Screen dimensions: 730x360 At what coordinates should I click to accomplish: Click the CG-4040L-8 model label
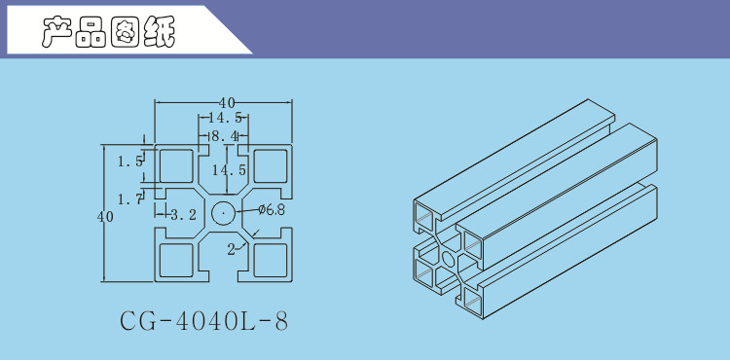pyautogui.click(x=204, y=321)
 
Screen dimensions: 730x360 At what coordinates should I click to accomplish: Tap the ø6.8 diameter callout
pyautogui.click(x=272, y=210)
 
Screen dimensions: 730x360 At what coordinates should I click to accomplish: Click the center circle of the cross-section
pyautogui.click(x=223, y=213)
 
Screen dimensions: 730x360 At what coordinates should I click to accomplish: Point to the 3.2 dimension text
pyautogui.click(x=183, y=214)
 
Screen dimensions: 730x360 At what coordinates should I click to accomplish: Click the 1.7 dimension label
pyautogui.click(x=129, y=200)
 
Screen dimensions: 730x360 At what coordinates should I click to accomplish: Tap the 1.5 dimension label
pyautogui.click(x=129, y=162)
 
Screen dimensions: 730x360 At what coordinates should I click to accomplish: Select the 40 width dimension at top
pyautogui.click(x=227, y=103)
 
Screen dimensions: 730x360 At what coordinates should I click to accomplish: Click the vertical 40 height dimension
pyautogui.click(x=105, y=217)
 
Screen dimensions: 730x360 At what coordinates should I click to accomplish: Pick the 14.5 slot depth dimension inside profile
pyautogui.click(x=229, y=170)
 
